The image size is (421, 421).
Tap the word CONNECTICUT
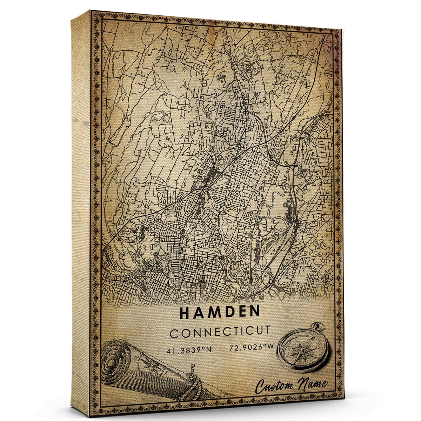(x=220, y=332)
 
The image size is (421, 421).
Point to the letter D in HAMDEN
(x=228, y=312)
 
